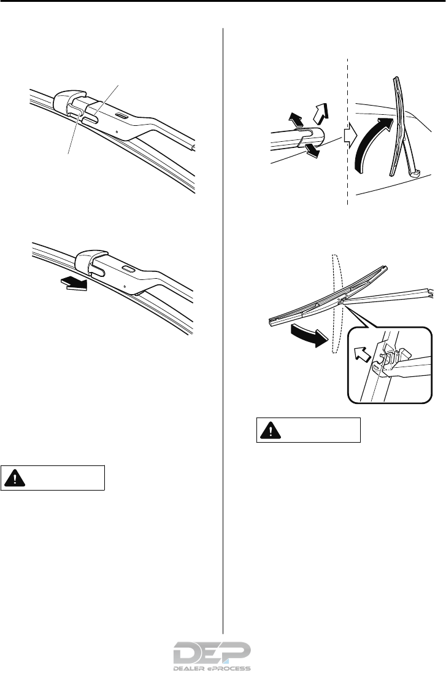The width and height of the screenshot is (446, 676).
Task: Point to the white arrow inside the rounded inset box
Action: coord(361,354)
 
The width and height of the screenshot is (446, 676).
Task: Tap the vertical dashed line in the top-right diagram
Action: coord(347,184)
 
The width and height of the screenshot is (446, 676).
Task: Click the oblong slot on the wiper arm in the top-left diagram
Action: coord(120,115)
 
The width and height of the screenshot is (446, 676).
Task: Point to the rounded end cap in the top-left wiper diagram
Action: coord(69,98)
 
